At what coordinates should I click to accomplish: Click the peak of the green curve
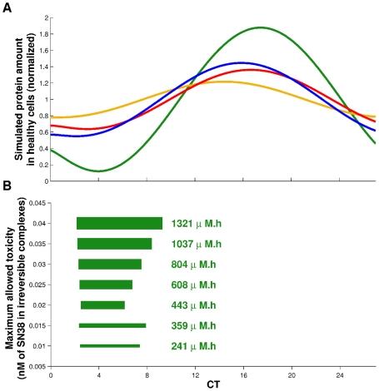(x=263, y=27)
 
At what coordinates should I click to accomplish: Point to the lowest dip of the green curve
(x=98, y=171)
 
